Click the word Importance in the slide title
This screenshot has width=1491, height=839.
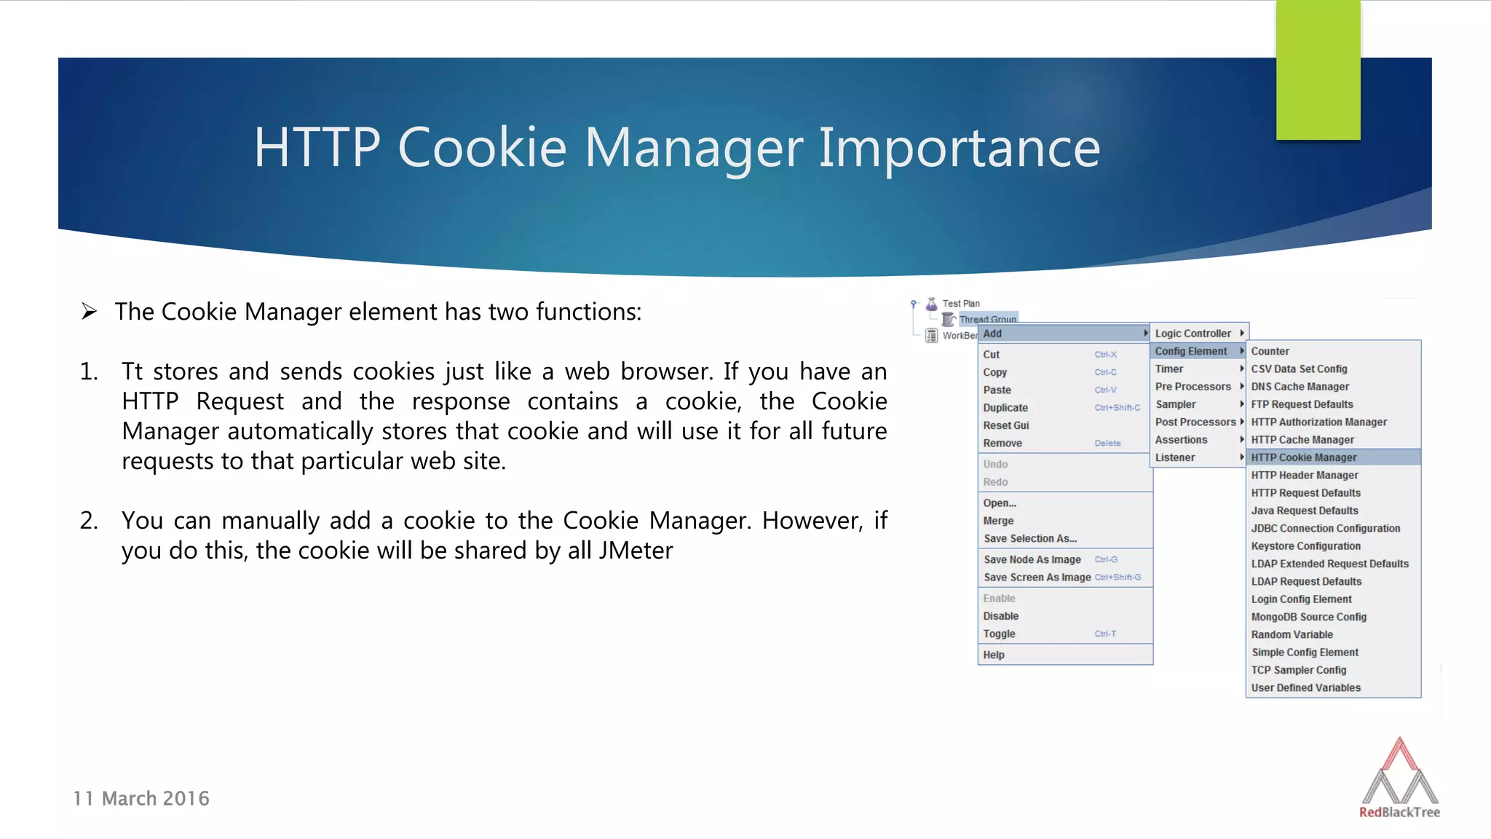click(959, 148)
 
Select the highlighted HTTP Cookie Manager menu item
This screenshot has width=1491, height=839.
click(1303, 457)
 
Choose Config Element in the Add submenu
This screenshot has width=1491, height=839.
click(1190, 351)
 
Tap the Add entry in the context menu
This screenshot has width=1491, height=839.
click(992, 334)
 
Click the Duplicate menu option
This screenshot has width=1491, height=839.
click(1005, 408)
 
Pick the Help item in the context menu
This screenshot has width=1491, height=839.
click(994, 655)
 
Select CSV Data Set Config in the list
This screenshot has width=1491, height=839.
click(1299, 369)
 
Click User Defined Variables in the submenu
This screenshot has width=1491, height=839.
click(1305, 688)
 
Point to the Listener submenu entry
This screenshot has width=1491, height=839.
click(1174, 457)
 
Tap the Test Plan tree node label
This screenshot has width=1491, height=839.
click(961, 304)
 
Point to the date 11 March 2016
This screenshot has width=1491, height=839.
click(141, 799)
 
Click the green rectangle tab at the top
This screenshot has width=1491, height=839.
click(1318, 70)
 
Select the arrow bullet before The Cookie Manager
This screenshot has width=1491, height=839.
click(89, 312)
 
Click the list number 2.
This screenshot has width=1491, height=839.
click(89, 521)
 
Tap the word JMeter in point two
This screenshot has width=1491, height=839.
click(635, 551)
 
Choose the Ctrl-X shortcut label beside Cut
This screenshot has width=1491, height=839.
click(1105, 355)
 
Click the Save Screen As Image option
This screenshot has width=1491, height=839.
click(1037, 578)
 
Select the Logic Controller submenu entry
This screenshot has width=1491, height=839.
click(1193, 334)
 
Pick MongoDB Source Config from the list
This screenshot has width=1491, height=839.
click(1308, 617)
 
